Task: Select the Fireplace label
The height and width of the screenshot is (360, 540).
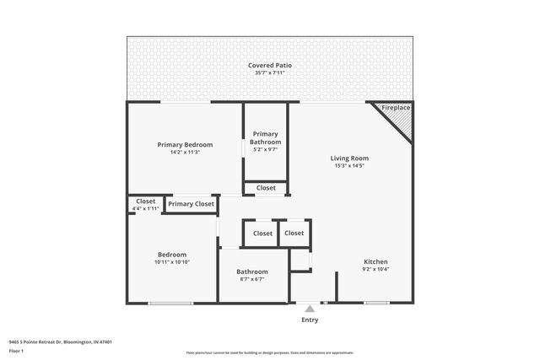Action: (x=396, y=109)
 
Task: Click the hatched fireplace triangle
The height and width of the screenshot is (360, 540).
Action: (x=404, y=123)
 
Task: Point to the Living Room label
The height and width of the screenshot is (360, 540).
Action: (x=348, y=158)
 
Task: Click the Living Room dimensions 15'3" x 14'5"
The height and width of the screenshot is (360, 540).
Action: (x=348, y=166)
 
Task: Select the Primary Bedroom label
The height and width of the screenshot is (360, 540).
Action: (x=185, y=144)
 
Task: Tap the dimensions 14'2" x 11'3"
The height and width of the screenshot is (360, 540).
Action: (x=185, y=153)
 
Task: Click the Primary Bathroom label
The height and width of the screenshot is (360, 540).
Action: (x=265, y=138)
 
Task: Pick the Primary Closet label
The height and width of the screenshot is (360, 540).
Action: (x=191, y=203)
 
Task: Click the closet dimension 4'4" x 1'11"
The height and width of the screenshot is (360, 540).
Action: (x=145, y=209)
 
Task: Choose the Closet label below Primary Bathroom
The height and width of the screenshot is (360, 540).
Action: (x=265, y=188)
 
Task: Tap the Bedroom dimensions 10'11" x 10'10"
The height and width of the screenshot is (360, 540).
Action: (x=171, y=262)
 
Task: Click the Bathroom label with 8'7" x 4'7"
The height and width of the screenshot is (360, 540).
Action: (x=251, y=271)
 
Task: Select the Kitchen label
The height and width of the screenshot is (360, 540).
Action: (x=375, y=261)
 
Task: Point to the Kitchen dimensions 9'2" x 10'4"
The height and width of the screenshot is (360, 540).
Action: (x=375, y=270)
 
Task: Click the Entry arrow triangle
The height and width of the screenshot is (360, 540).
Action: (x=310, y=309)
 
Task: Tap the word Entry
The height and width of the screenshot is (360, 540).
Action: (x=310, y=320)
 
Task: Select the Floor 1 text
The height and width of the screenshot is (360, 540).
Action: (x=17, y=352)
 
